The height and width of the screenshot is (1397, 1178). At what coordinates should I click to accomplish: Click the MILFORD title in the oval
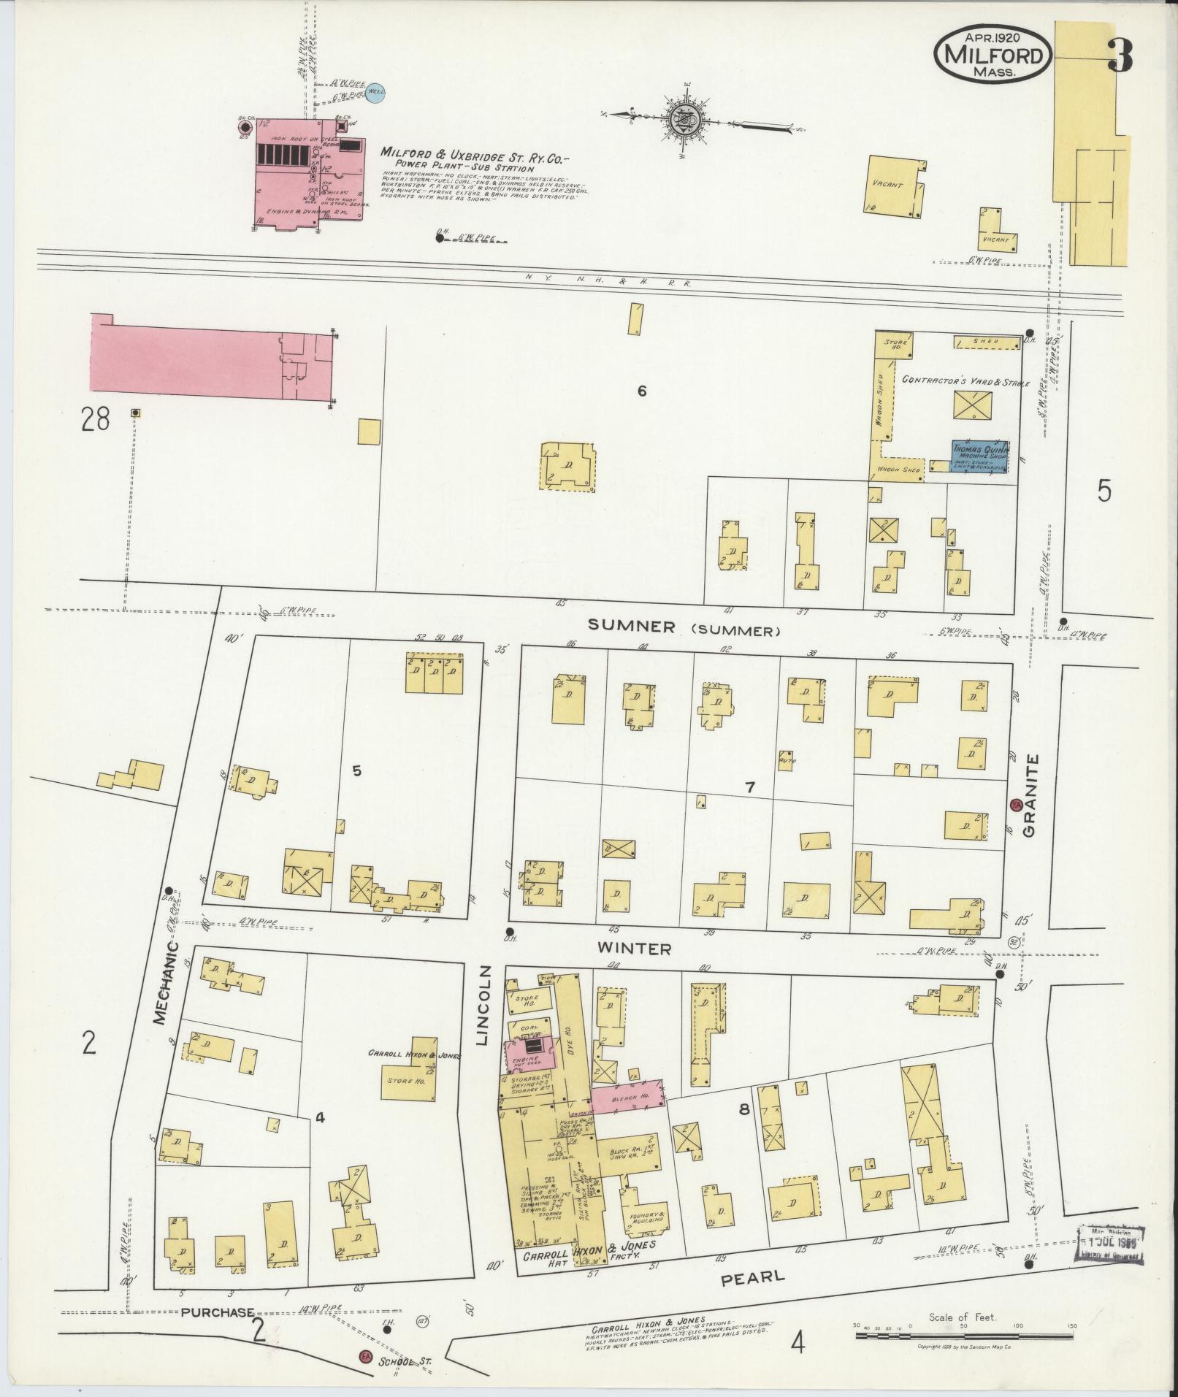[994, 55]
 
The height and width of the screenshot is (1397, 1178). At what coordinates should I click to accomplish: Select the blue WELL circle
[375, 92]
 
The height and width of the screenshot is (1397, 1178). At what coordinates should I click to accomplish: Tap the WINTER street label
[635, 949]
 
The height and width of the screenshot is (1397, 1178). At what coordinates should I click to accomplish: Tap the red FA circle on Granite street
[1015, 805]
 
